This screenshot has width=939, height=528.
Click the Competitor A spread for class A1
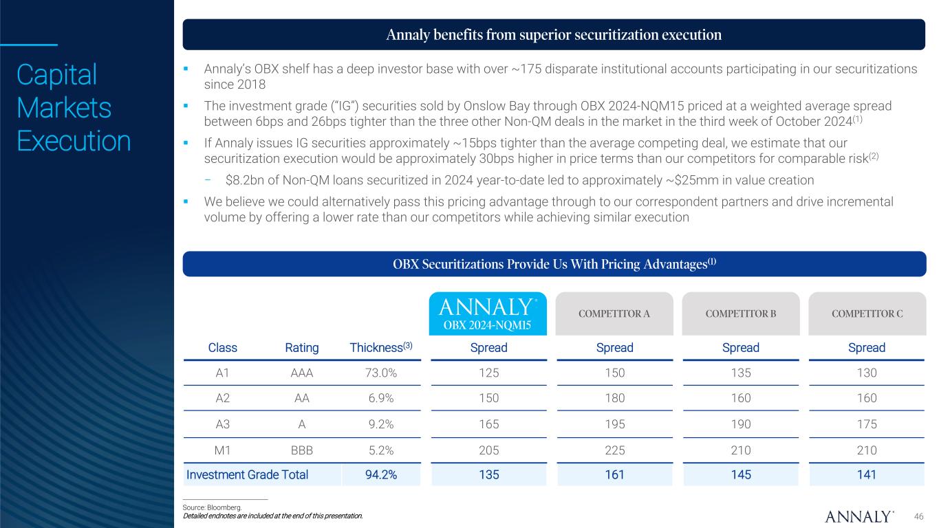point(614,372)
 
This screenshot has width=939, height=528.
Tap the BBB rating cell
point(301,449)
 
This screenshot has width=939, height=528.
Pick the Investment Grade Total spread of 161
point(614,474)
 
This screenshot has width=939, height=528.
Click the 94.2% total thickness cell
point(380,474)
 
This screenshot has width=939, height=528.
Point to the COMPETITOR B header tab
point(741,314)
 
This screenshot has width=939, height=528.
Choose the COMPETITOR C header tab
point(867,314)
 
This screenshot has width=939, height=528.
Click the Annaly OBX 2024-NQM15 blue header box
point(488,313)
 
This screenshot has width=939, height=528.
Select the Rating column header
point(301,347)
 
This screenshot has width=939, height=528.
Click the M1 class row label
point(222,449)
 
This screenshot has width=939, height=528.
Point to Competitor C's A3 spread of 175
point(867,424)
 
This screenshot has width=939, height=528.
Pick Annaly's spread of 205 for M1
point(488,449)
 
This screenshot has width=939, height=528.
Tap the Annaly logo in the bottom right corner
point(859,516)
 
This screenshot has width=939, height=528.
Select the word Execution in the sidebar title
point(74,141)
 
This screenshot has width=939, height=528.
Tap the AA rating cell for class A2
point(301,398)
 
